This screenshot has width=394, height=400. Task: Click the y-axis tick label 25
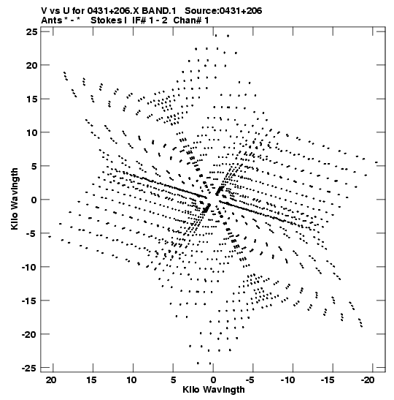tap(32, 31)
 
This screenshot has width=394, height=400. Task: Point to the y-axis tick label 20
tap(32, 65)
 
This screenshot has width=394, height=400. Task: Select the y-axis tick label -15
tap(30, 301)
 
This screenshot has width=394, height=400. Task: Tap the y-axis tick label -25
tap(30, 368)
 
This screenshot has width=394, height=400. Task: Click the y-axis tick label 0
tap(34, 200)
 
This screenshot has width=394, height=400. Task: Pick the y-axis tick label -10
tap(30, 267)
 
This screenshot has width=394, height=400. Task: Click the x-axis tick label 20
tap(51, 380)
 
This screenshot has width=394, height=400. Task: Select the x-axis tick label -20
tap(368, 380)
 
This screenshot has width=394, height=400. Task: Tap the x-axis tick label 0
tap(213, 380)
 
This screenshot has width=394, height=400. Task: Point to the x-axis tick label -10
tap(288, 380)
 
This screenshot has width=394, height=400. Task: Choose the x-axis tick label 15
tap(91, 380)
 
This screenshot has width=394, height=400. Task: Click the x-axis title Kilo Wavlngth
tap(214, 390)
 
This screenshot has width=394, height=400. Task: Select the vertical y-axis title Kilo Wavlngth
tap(15, 199)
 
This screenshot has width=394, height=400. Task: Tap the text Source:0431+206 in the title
tap(223, 11)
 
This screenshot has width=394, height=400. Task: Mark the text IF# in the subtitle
tap(139, 20)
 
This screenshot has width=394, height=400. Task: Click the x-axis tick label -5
tap(250, 380)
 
